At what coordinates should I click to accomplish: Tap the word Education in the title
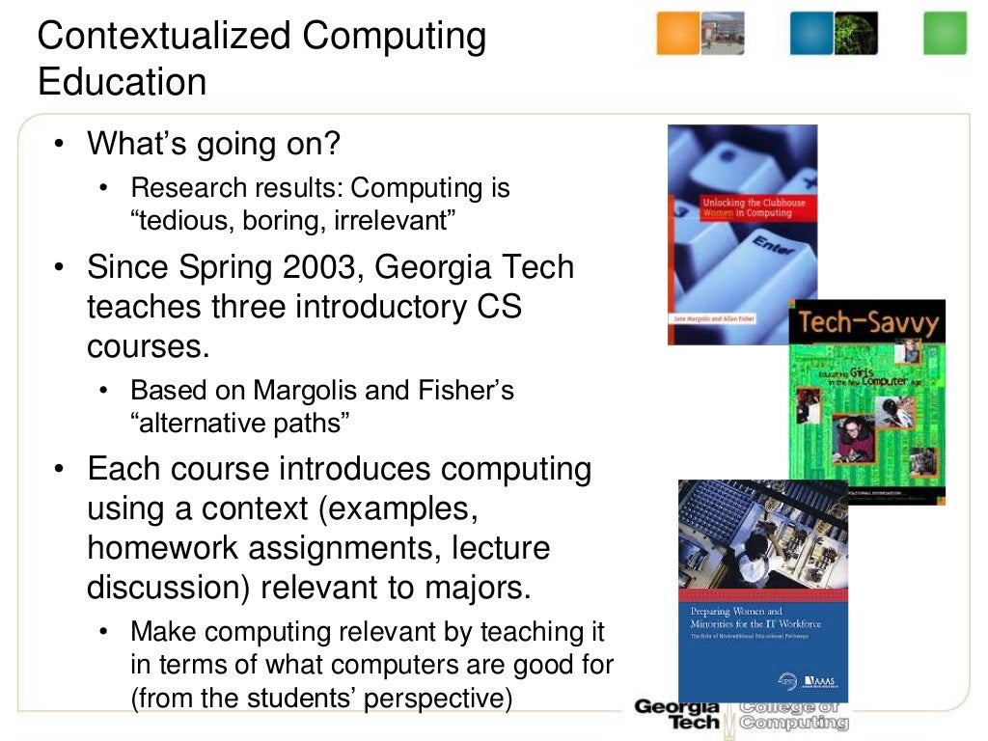coord(122,82)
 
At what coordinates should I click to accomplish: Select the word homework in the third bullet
coord(160,548)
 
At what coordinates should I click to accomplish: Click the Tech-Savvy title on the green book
coord(865,323)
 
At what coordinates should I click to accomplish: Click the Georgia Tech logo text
coord(678,714)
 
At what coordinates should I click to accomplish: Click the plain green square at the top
coord(945,33)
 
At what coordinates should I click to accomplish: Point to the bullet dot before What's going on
coord(60,146)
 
